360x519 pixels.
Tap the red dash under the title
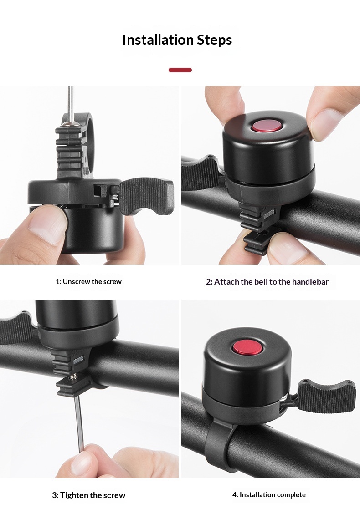[180, 70]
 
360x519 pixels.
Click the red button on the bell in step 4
[247, 347]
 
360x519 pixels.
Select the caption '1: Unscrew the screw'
[88, 282]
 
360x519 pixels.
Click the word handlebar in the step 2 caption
[310, 282]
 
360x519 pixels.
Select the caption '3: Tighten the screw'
[89, 495]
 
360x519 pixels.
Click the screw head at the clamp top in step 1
[70, 124]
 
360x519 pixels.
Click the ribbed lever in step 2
[199, 172]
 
